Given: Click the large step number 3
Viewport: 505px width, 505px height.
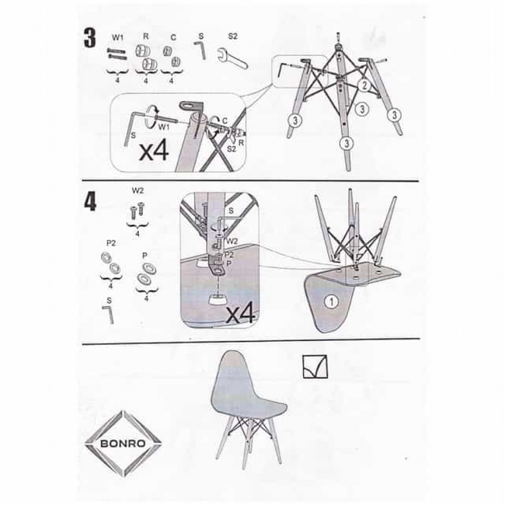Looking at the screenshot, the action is tap(90, 38).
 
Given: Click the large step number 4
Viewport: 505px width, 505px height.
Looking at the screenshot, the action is tap(90, 201).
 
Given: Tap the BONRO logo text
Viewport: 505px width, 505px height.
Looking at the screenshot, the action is tap(123, 443).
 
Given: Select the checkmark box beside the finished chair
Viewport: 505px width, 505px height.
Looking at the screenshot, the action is tap(315, 367).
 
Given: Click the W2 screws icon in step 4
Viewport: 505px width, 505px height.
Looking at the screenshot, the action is tap(137, 210).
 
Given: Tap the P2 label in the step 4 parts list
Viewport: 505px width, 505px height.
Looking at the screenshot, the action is tap(111, 244).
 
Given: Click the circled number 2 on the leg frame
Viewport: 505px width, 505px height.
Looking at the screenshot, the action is tap(364, 85).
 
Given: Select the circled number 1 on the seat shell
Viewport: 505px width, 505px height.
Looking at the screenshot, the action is tap(332, 302).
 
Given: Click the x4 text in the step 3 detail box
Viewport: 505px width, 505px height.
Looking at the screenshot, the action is tap(154, 151).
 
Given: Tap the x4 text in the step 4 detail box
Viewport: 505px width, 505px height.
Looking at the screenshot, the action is tap(240, 314).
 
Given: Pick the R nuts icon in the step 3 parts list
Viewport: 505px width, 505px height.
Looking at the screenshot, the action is tap(145, 57).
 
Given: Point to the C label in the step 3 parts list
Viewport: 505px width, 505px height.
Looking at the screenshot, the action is tap(173, 38).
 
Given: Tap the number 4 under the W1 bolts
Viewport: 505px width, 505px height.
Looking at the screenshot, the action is tap(117, 80).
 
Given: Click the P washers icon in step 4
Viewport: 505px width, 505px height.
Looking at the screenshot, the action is tap(146, 273).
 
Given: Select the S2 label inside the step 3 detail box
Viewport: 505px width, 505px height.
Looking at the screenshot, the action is tap(231, 149).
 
